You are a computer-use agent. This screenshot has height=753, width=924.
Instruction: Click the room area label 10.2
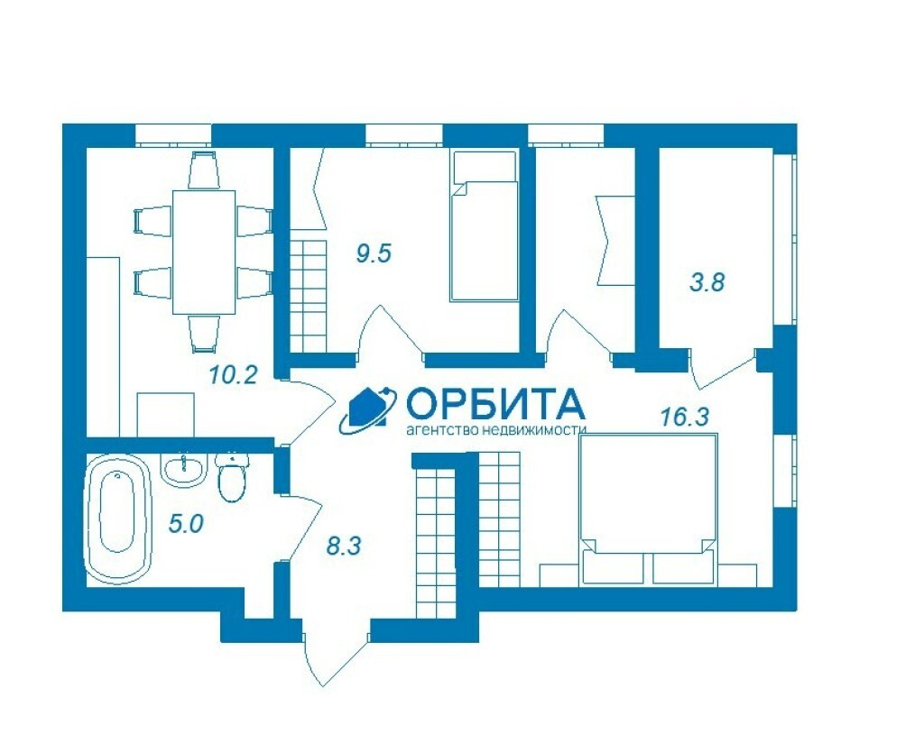tap(234, 374)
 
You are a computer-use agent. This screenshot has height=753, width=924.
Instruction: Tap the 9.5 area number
tap(374, 253)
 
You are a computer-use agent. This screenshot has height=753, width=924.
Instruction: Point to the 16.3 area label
tap(684, 417)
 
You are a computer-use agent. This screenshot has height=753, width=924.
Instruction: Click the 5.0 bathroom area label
tap(186, 523)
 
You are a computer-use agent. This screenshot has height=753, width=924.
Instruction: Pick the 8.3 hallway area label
tap(344, 546)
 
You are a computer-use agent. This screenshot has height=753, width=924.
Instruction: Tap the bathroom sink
tap(184, 469)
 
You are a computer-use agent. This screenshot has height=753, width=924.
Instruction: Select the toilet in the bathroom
tap(232, 477)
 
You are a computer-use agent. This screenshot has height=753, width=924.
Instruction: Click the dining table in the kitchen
tap(203, 252)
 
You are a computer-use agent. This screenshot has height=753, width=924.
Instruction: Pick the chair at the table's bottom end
tap(204, 335)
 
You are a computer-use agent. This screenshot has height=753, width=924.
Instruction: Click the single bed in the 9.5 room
tap(484, 226)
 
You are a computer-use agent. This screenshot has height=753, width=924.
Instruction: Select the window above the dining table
tap(173, 135)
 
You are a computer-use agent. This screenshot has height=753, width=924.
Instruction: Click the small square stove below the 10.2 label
tap(166, 415)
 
